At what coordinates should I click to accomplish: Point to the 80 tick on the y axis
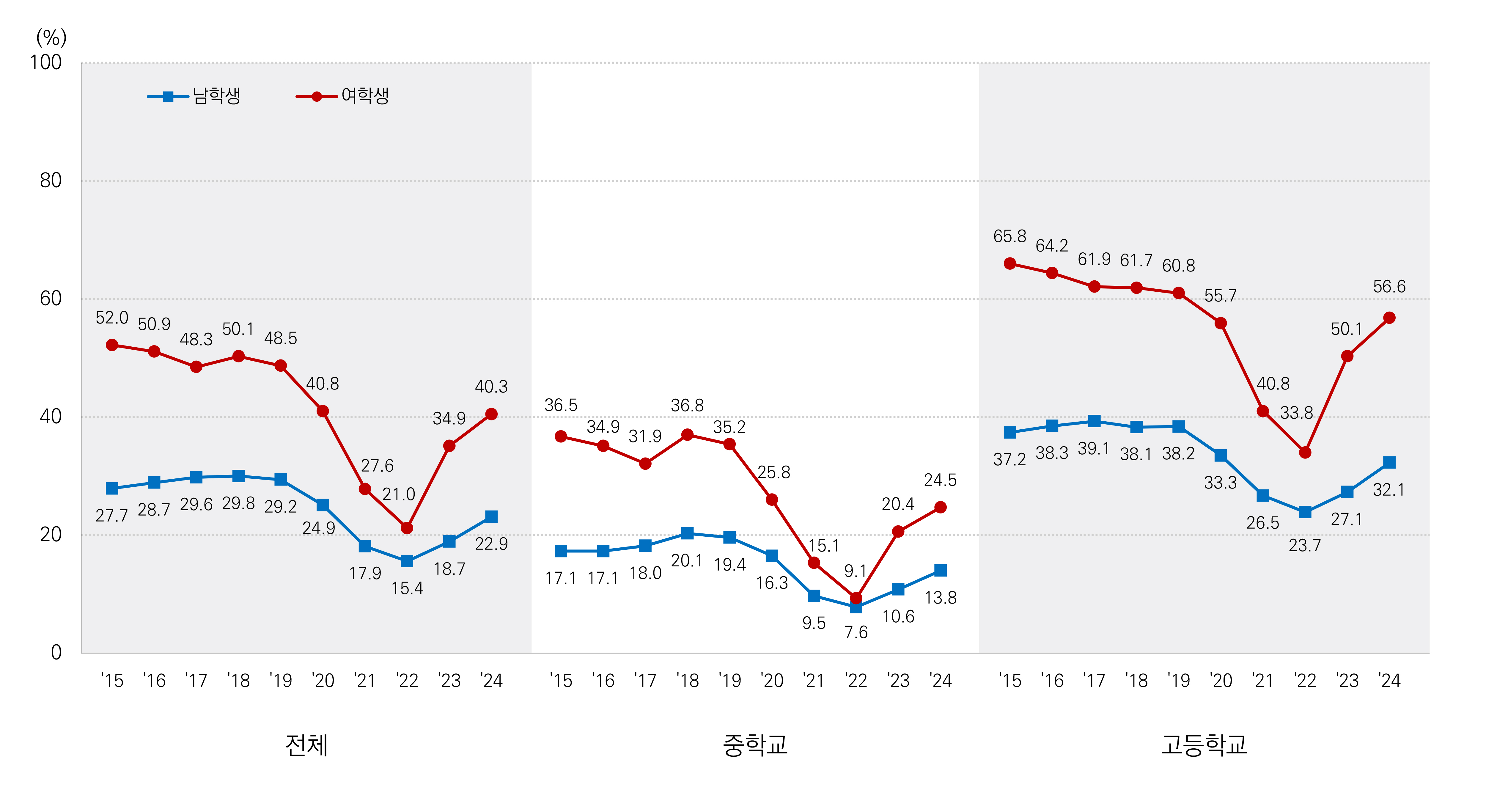coord(51,180)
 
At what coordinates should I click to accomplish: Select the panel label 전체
coord(306,745)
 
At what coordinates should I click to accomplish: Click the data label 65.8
coord(1009,236)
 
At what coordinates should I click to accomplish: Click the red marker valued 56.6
coord(1389,318)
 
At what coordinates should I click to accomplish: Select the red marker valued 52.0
coord(112,345)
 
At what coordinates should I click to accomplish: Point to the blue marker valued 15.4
coord(407,561)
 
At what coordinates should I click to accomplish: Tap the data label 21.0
coord(399,494)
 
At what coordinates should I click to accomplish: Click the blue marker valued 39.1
coord(1094,421)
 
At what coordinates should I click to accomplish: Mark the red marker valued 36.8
coord(687,434)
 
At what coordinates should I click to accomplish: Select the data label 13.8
coord(940,598)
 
